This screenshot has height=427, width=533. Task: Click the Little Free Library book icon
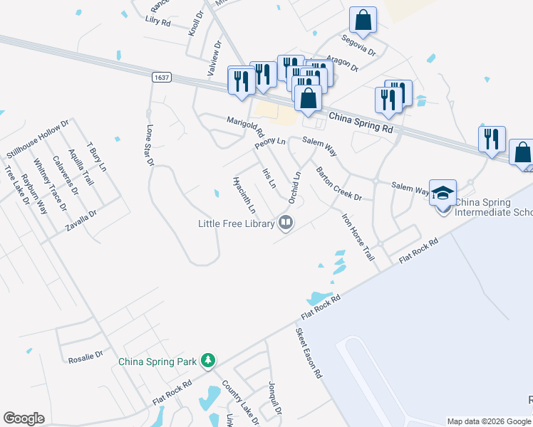tap(286, 223)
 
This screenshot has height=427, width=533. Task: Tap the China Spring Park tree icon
tap(207, 361)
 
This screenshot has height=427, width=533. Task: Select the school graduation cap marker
tap(443, 194)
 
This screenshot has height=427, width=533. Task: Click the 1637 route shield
tap(160, 76)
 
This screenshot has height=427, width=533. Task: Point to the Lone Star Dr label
tap(150, 146)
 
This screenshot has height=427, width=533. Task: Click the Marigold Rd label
tap(245, 127)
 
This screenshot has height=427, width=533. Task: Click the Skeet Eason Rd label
tap(309, 352)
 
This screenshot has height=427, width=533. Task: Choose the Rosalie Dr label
tap(86, 354)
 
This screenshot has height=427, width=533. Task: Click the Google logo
tap(24, 418)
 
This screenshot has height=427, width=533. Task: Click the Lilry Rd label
tap(157, 22)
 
